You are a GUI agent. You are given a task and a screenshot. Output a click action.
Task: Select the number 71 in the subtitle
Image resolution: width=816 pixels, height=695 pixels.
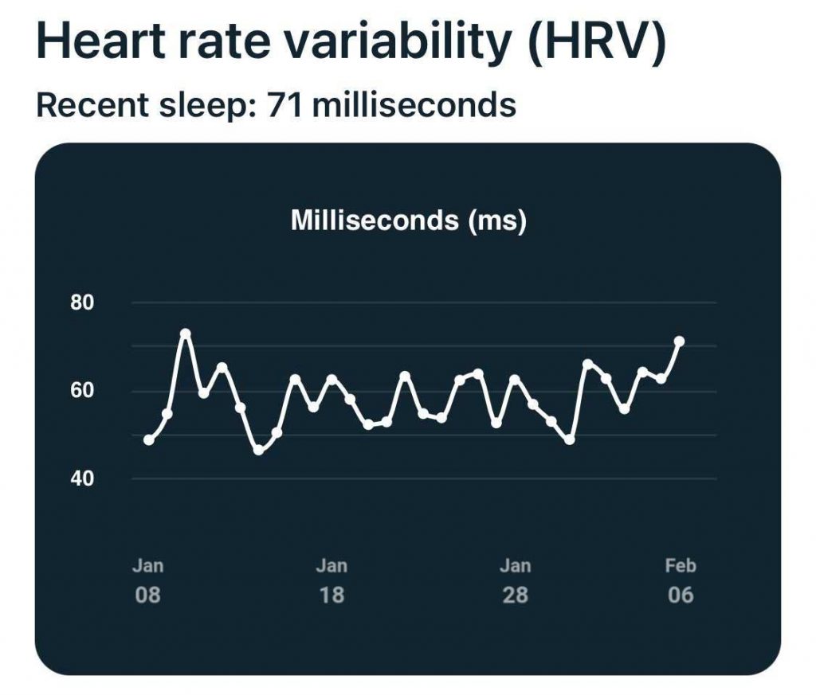pyautogui.click(x=283, y=104)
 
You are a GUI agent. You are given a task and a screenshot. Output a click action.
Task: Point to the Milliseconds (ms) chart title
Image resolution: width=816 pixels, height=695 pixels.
pyautogui.click(x=408, y=221)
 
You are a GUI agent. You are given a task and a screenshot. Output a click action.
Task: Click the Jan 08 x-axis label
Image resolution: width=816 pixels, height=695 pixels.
pyautogui.click(x=147, y=580)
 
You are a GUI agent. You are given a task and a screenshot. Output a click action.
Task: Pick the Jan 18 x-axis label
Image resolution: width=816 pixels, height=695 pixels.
pyautogui.click(x=331, y=580)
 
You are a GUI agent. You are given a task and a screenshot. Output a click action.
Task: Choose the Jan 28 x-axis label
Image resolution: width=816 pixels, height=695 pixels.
pyautogui.click(x=515, y=580)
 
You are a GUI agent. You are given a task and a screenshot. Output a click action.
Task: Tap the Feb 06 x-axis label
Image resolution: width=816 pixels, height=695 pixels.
pyautogui.click(x=681, y=580)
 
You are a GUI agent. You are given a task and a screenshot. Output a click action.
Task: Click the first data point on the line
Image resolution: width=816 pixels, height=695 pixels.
pyautogui.click(x=148, y=439)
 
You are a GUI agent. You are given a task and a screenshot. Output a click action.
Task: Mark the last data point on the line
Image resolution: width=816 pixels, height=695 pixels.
pyautogui.click(x=680, y=342)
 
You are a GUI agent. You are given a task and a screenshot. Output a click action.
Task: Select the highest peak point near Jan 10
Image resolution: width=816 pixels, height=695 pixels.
pyautogui.click(x=186, y=334)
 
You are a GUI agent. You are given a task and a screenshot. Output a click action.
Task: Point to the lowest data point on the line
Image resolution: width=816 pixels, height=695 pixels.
pyautogui.click(x=258, y=451)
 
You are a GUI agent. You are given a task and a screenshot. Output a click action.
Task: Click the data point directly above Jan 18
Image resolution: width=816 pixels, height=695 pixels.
pyautogui.click(x=331, y=379)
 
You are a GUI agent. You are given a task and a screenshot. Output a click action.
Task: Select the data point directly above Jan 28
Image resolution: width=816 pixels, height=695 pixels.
pyautogui.click(x=515, y=379)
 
